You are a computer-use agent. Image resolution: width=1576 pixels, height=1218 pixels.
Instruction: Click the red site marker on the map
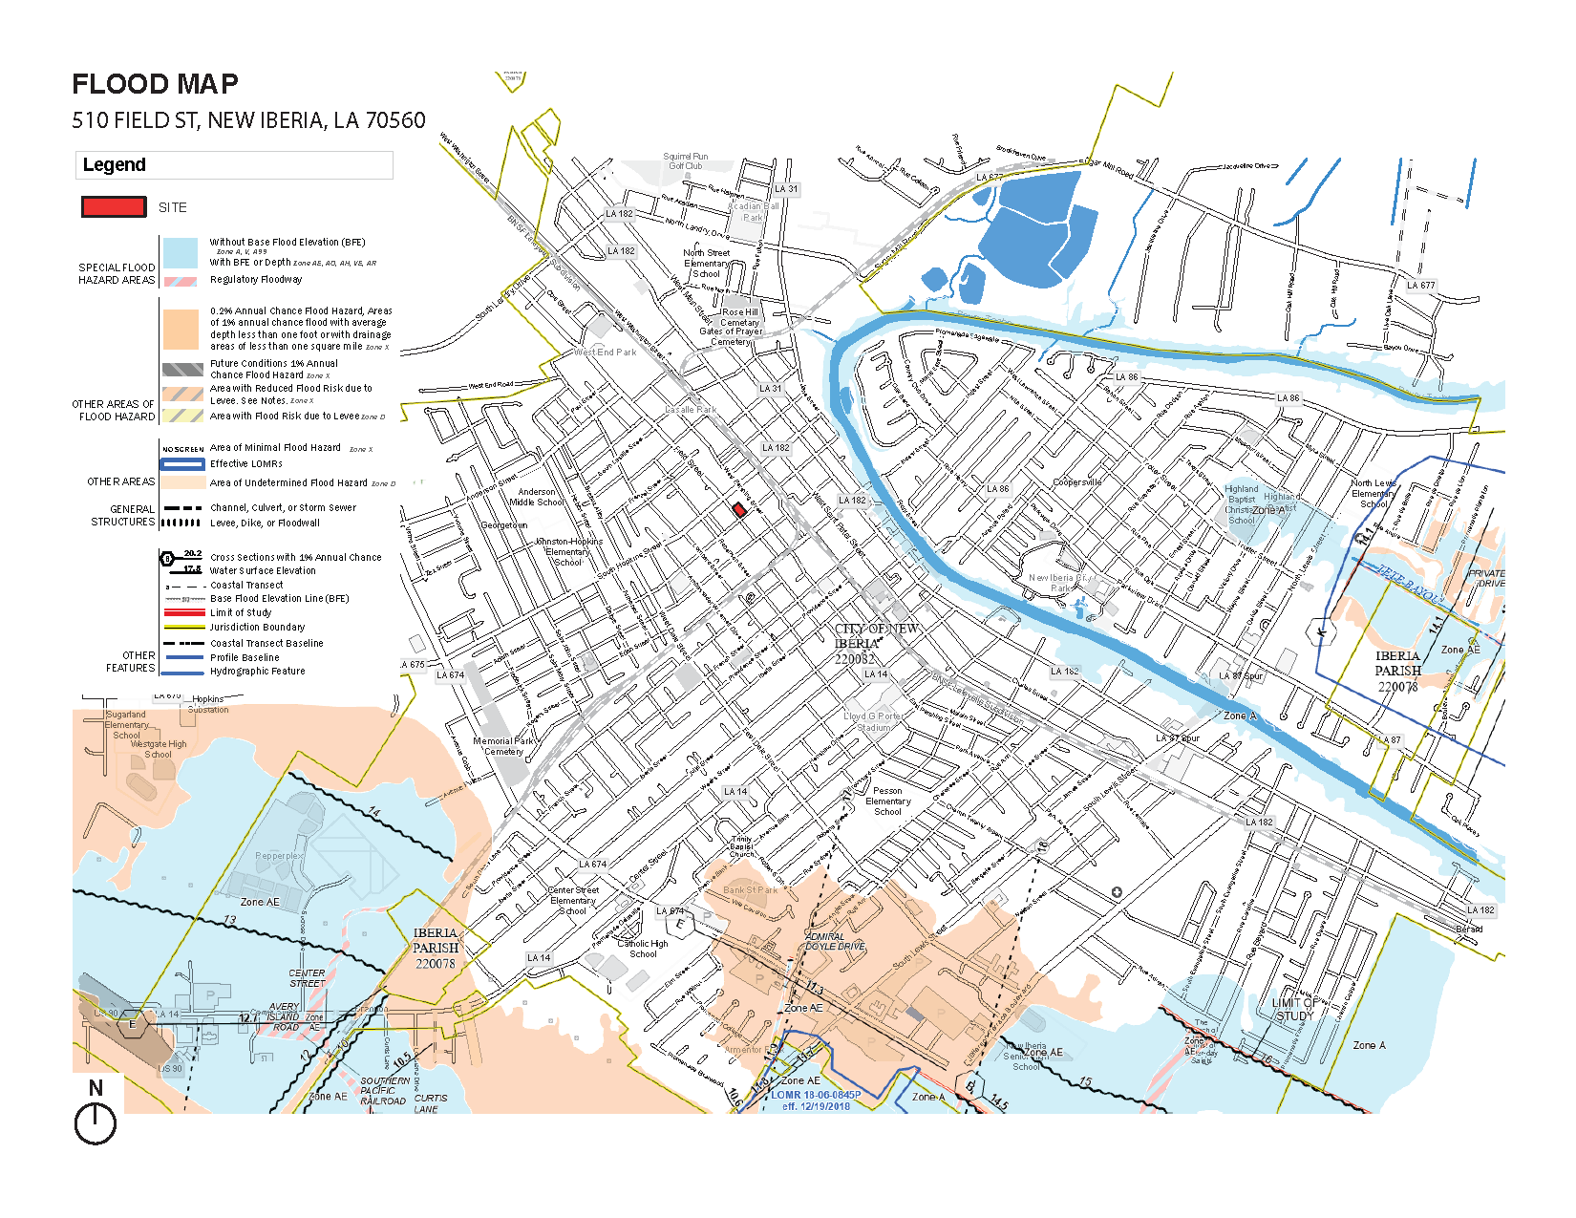tap(738, 510)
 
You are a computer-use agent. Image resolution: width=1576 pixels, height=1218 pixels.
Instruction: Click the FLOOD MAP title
tap(155, 84)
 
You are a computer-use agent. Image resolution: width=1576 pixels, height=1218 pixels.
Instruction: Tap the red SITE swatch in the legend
tap(114, 206)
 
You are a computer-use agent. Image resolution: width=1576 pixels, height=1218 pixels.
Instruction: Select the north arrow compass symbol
tap(95, 1122)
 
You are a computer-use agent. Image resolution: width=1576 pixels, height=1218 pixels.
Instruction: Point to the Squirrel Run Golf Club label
tap(685, 160)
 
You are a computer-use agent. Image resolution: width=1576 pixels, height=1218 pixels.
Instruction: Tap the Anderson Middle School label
tap(536, 497)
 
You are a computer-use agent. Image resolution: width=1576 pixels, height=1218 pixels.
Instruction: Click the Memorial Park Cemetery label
tap(503, 745)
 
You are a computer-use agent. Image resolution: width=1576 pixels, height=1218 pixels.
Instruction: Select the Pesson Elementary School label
tap(887, 801)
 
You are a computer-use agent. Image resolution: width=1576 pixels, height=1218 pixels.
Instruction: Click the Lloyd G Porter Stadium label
tap(872, 721)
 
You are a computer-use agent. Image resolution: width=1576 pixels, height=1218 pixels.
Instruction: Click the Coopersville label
tap(1076, 482)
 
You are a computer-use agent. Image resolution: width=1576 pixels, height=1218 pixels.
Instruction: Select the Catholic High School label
tap(643, 948)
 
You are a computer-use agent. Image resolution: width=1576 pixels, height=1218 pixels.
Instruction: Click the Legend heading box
tap(234, 164)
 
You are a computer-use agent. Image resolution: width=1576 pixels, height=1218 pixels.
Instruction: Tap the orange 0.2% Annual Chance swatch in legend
tap(180, 329)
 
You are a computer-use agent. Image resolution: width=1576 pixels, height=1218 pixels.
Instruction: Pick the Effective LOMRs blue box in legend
tap(181, 463)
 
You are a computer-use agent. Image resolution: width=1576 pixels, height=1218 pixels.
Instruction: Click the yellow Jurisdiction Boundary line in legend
tap(183, 627)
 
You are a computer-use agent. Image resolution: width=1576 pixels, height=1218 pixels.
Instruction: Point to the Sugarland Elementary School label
tap(126, 724)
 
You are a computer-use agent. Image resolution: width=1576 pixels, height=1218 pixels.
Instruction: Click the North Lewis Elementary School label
tap(1373, 493)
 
